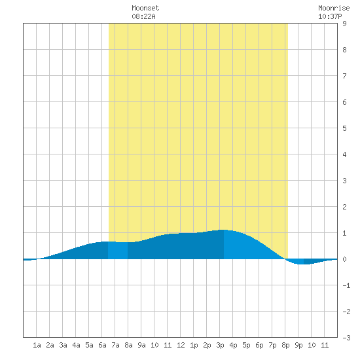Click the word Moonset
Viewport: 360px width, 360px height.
coord(145,8)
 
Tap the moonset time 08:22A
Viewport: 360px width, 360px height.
coord(143,16)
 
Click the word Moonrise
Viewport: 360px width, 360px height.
coord(334,8)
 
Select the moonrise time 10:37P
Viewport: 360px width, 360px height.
coord(330,16)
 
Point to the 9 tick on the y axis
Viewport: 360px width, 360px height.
coord(344,24)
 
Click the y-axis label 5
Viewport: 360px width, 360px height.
coord(344,128)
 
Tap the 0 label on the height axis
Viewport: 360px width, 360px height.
coord(344,259)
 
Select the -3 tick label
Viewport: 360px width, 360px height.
coord(346,338)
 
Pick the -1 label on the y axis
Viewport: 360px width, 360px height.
coord(346,285)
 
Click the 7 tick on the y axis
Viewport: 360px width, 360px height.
coord(344,76)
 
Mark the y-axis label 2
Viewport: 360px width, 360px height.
coord(344,207)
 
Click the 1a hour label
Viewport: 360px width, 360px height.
coord(37,345)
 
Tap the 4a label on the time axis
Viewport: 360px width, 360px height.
coord(76,345)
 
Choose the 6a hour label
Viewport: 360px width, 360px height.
coord(102,345)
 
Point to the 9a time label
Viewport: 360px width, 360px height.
coord(141,345)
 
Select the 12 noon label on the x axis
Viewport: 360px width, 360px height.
coord(181,345)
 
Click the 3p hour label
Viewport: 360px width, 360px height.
coord(220,345)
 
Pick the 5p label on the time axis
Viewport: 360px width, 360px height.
coord(246,345)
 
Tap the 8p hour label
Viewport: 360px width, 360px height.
coord(285,345)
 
